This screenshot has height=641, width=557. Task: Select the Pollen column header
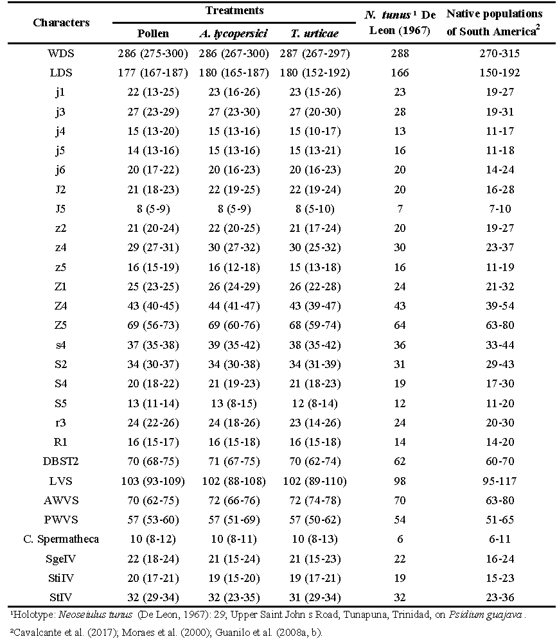click(153, 34)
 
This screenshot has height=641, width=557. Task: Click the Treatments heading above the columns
click(234, 11)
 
